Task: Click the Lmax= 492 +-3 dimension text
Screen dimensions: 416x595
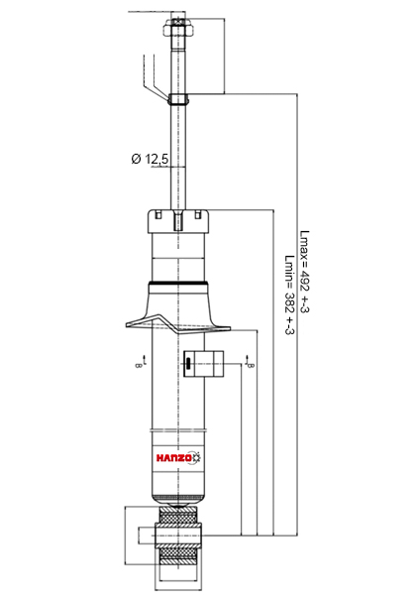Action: [x=304, y=272]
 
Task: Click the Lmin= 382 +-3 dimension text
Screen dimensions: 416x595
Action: [x=289, y=295]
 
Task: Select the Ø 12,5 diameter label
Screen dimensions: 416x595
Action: [x=150, y=159]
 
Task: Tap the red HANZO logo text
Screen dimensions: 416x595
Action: [x=174, y=457]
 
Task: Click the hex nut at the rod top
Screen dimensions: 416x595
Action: [x=178, y=27]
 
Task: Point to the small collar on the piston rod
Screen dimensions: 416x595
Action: [x=178, y=99]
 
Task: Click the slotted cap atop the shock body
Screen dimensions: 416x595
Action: [x=178, y=221]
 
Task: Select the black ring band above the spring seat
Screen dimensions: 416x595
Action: [x=178, y=284]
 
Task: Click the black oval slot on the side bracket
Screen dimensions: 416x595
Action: [x=187, y=364]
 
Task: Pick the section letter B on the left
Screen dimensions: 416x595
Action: [x=138, y=365]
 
